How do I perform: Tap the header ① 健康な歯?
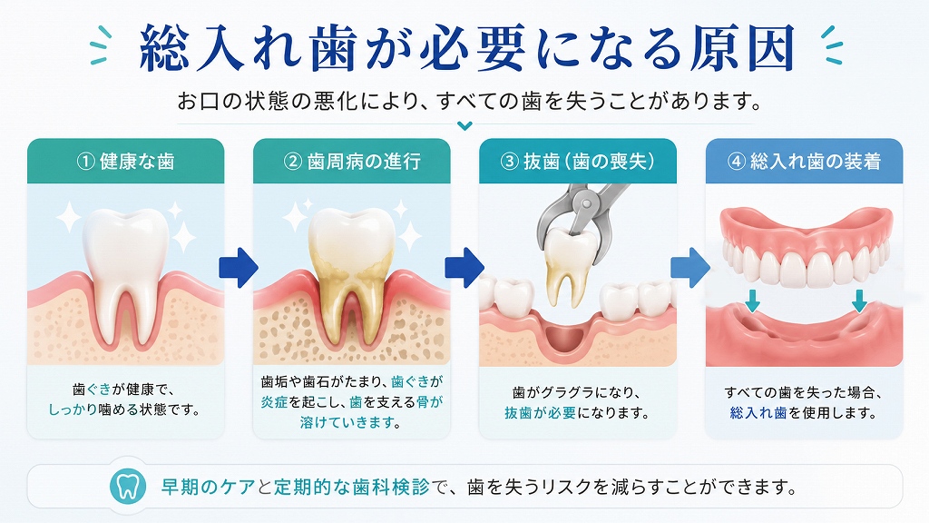pos(125,162)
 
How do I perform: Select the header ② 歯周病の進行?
pos(352,162)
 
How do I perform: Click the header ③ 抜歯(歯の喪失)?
pos(578,162)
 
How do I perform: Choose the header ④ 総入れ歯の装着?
pos(804,162)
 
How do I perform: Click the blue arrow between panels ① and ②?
pos(239,268)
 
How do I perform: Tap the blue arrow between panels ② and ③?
pos(464,268)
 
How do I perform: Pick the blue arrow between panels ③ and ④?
pos(690,268)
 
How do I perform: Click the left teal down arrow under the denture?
pos(752,301)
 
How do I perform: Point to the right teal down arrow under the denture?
pos(859,301)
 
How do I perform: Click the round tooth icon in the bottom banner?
pos(128,487)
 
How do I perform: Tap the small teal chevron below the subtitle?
pos(465,125)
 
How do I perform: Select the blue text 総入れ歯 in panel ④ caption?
pos(758,413)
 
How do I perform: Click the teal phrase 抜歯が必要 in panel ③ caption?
pos(540,413)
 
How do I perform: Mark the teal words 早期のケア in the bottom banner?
pos(209,487)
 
